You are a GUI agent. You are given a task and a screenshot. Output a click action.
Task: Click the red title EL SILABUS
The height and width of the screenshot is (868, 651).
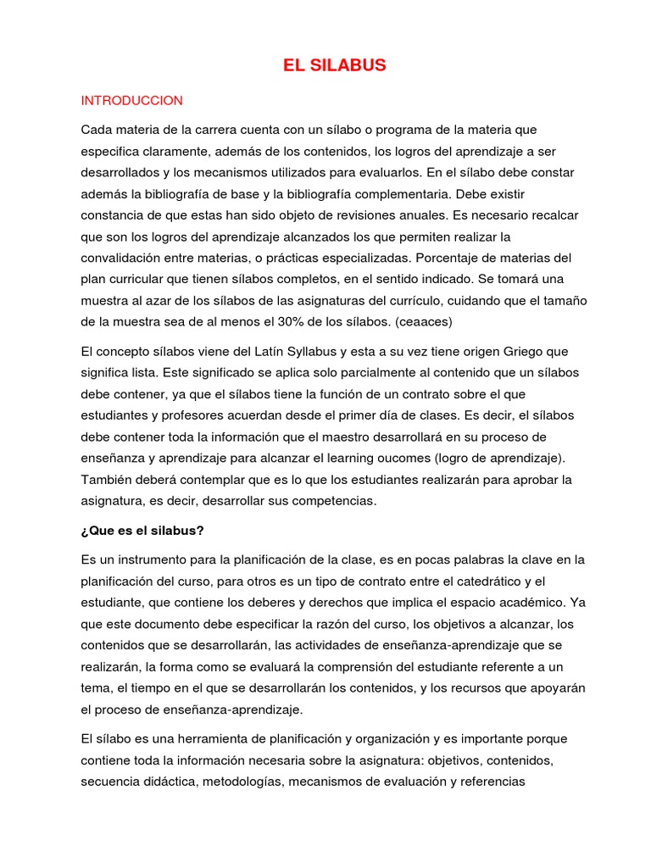pyautogui.click(x=334, y=65)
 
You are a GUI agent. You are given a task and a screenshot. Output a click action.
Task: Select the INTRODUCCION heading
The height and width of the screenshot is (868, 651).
pyautogui.click(x=131, y=100)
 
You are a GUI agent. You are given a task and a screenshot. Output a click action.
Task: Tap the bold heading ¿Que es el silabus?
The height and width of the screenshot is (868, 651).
pyautogui.click(x=142, y=531)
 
